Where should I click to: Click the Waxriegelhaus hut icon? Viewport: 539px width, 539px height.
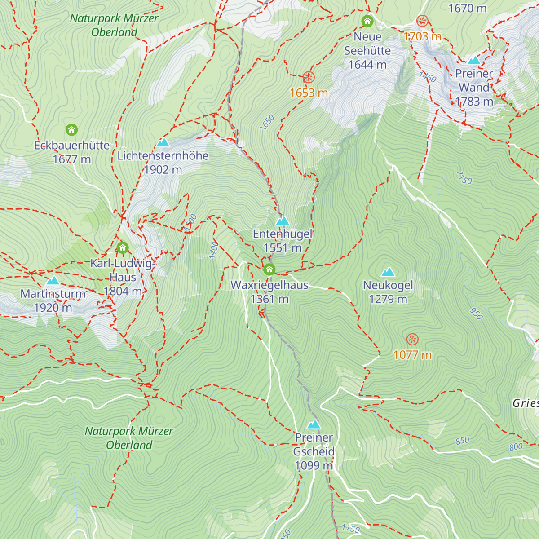(x=269, y=269)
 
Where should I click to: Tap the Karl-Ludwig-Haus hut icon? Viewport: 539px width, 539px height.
(x=122, y=247)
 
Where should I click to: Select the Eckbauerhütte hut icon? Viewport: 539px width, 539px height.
(x=71, y=130)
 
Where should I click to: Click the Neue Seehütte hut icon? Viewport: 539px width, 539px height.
(x=367, y=21)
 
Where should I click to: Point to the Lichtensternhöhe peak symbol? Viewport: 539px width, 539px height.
(x=163, y=143)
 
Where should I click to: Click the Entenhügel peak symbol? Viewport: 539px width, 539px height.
(x=282, y=221)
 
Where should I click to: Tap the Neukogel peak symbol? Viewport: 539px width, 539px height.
(x=388, y=272)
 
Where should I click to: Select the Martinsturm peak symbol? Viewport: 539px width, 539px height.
(x=53, y=281)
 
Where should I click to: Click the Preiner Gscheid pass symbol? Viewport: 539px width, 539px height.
(x=314, y=424)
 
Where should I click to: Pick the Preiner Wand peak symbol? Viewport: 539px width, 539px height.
(x=474, y=61)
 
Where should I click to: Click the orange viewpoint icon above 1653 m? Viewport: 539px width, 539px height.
(x=309, y=77)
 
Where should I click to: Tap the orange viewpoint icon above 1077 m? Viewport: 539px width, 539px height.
(x=412, y=340)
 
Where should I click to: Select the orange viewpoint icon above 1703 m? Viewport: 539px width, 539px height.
(x=422, y=21)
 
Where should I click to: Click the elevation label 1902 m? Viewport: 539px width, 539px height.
(x=163, y=170)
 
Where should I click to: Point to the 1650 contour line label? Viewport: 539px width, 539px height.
(x=267, y=123)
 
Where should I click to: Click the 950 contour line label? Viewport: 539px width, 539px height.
(x=476, y=313)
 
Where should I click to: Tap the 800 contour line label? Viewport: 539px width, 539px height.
(x=516, y=447)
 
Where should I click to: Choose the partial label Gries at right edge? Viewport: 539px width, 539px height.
(x=526, y=403)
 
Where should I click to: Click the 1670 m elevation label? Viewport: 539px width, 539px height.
(x=468, y=8)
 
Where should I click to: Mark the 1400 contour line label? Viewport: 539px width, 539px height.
(x=214, y=249)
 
